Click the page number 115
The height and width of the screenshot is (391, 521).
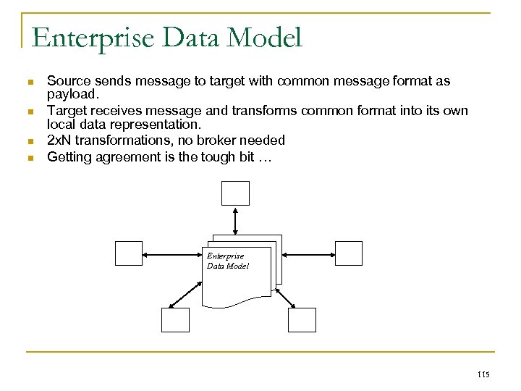pyautogui.click(x=484, y=374)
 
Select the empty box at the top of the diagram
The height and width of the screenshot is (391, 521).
pyautogui.click(x=235, y=193)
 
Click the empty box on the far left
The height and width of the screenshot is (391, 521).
pyautogui.click(x=130, y=253)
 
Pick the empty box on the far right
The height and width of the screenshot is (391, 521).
pyautogui.click(x=348, y=253)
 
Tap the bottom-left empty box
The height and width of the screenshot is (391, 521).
pyautogui.click(x=175, y=319)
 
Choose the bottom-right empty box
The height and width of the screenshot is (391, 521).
pyautogui.click(x=302, y=319)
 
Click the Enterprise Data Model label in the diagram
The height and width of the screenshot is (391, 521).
pyautogui.click(x=227, y=261)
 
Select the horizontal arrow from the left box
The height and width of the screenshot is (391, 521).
pyautogui.click(x=174, y=254)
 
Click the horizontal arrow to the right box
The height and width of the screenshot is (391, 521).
pyautogui.click(x=308, y=254)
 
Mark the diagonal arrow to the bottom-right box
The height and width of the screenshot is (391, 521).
pyautogui.click(x=283, y=296)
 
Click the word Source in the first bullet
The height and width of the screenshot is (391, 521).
pyautogui.click(x=66, y=82)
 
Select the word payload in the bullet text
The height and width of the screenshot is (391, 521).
pyautogui.click(x=69, y=94)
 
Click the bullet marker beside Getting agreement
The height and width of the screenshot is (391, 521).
pyautogui.click(x=30, y=157)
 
